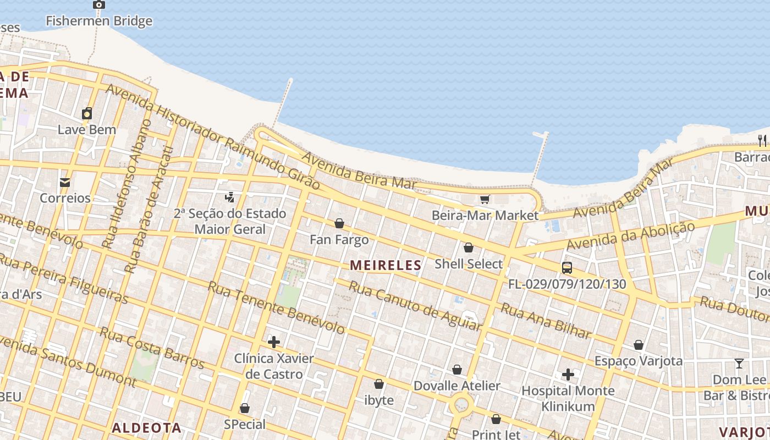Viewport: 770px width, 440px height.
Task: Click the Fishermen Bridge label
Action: pos(99,21)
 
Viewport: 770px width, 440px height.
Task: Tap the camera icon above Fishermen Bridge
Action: pos(99,5)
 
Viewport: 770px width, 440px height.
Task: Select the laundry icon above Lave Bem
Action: pos(87,114)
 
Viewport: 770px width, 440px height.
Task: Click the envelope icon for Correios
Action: pos(65,182)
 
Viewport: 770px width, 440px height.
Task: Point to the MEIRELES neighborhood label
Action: pos(386,265)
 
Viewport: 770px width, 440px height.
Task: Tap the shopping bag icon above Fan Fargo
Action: pos(339,223)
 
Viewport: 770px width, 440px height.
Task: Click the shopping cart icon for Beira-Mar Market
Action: pos(485,199)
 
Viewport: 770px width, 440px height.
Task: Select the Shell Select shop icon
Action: pos(469,248)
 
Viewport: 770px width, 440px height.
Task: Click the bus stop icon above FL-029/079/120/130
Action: pos(567,268)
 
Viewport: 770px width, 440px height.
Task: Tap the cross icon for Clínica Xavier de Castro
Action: pos(274,342)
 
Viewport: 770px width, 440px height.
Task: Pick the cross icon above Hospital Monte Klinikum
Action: pos(568,375)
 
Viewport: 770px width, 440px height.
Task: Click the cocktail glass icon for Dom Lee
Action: pos(739,364)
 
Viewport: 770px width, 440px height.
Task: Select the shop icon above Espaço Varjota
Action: pos(639,345)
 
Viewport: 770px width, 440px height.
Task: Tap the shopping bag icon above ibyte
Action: pos(379,384)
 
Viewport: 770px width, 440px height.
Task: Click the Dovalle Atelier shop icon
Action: pos(457,370)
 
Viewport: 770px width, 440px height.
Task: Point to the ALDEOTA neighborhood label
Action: pos(146,427)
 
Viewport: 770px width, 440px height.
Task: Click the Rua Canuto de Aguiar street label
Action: pos(415,306)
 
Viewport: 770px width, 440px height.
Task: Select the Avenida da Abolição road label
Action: pos(630,235)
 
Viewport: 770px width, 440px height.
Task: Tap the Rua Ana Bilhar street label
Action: pos(546,321)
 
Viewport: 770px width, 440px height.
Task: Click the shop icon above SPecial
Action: pos(245,408)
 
